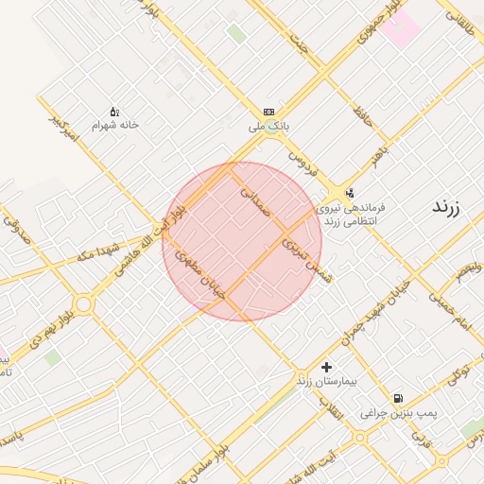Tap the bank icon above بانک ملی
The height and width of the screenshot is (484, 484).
pos(269,110)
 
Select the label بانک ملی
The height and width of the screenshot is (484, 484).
pos(268,125)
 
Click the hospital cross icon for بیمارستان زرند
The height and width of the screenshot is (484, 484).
pos(327,366)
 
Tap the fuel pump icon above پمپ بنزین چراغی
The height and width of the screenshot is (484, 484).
pos(398,398)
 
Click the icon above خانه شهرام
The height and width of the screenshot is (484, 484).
pos(114,111)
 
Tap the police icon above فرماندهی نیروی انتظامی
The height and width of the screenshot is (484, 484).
pos(351,193)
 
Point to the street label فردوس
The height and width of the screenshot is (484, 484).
pos(301,163)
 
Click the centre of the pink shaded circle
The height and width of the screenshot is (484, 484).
pos(242,241)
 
